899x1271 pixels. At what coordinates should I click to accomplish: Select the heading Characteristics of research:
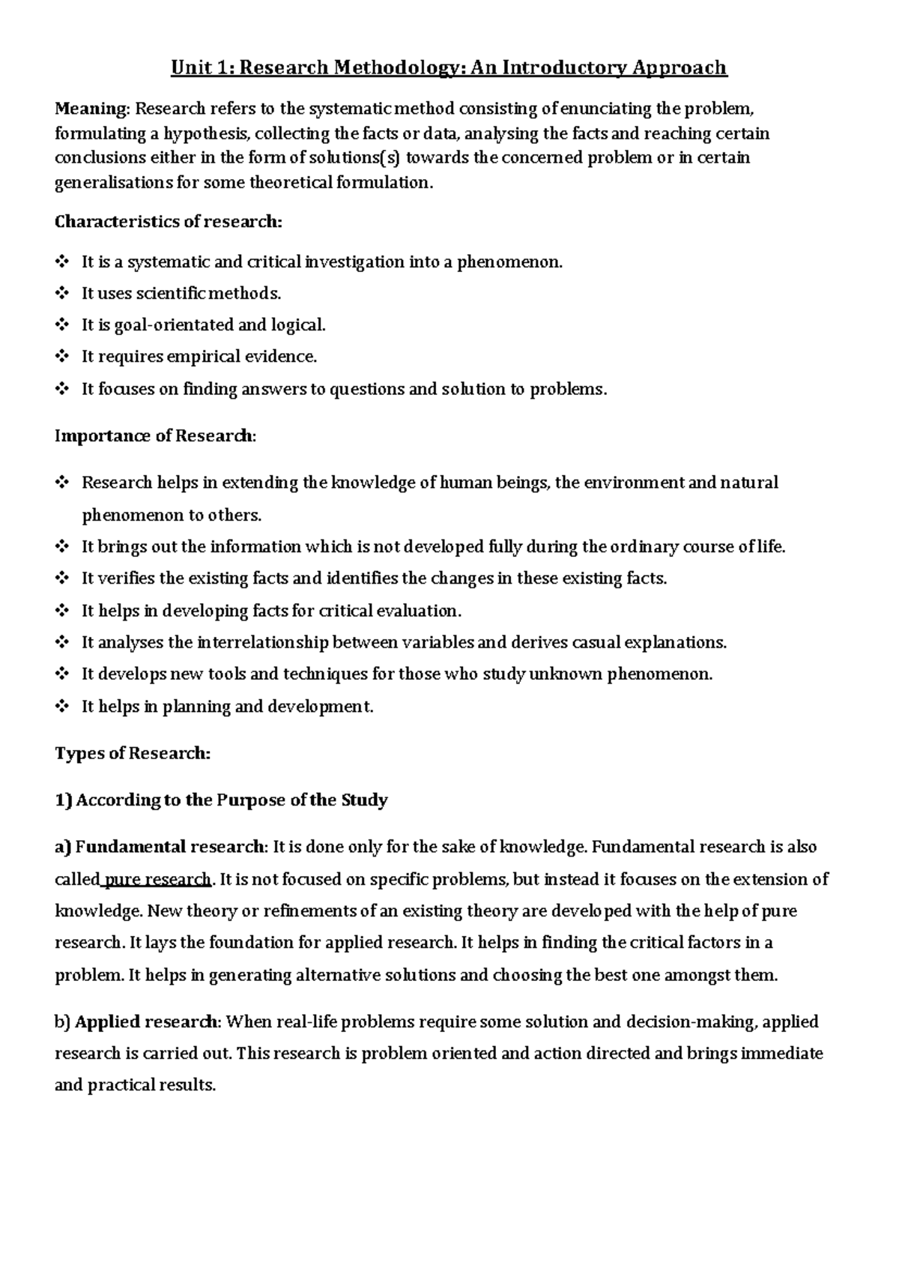tap(169, 222)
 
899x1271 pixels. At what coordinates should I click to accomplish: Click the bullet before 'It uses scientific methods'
tap(61, 294)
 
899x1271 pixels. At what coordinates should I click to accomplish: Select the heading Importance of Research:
tap(155, 436)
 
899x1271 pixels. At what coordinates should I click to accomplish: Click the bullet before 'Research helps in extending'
tap(61, 483)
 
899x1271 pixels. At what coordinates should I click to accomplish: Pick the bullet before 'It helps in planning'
tap(61, 706)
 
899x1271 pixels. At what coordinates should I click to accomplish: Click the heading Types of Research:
tap(133, 753)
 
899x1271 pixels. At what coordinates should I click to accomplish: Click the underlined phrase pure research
tap(158, 879)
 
